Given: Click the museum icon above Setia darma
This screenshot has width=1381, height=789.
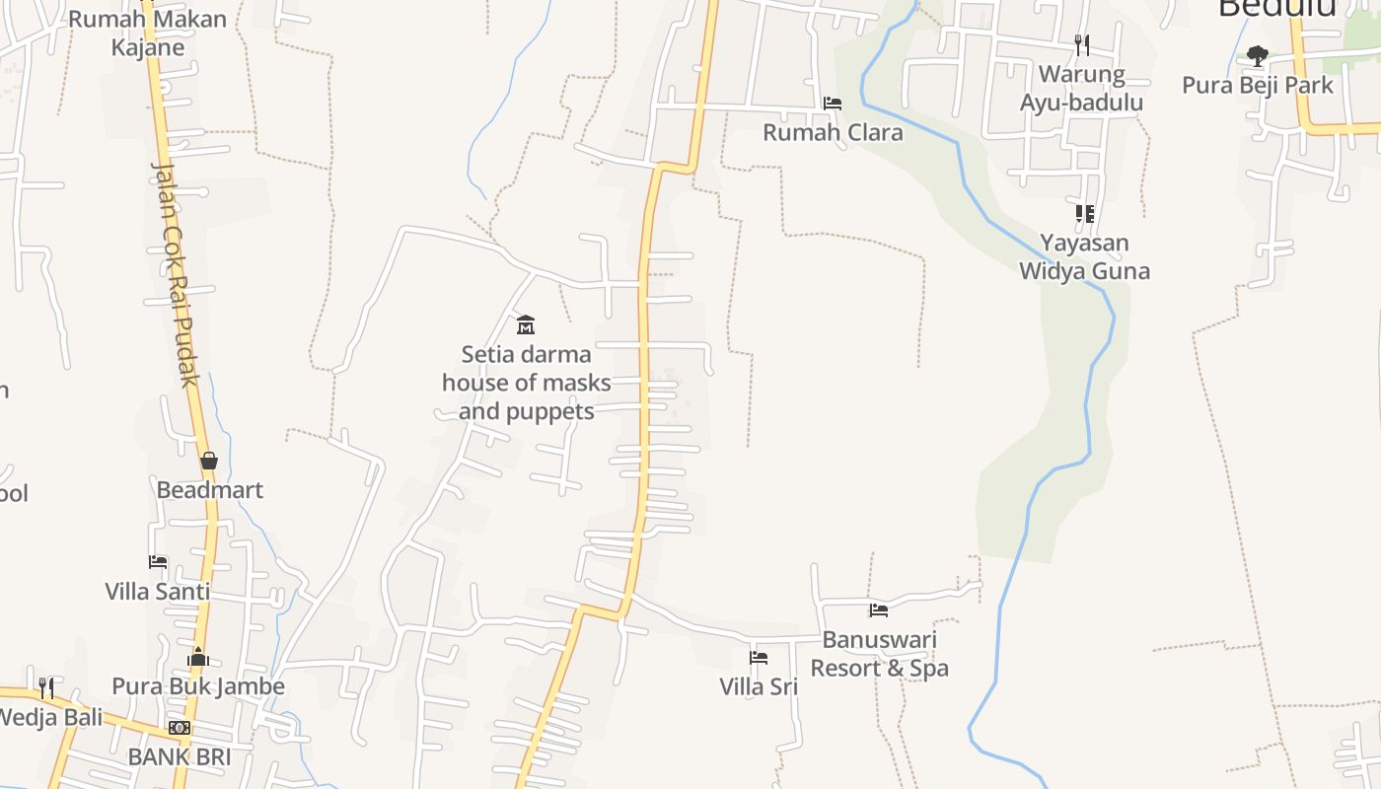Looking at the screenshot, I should (526, 324).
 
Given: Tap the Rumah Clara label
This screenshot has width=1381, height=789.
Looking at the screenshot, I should (833, 132).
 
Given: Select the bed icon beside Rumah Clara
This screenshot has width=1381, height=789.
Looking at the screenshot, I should (833, 103).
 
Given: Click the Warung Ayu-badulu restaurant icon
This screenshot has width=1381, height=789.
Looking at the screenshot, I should (1082, 44).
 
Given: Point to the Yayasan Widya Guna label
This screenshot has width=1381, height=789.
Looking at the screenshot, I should (1084, 256).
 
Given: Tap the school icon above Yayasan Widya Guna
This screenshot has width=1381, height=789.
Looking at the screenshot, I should (1085, 213).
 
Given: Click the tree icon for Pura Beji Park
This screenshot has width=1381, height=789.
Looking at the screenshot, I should (1257, 55).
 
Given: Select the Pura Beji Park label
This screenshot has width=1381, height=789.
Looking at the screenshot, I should (1258, 85).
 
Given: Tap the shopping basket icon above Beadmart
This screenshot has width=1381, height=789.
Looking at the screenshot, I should (209, 461).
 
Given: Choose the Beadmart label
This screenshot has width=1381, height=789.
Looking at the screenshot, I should (209, 490).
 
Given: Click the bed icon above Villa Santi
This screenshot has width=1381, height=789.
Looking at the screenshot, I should (158, 562).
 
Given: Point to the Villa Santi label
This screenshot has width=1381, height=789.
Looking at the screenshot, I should (158, 592).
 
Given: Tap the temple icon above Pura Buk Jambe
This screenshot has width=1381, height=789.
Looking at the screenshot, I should (198, 658).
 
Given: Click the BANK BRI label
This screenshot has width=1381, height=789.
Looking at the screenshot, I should (180, 757).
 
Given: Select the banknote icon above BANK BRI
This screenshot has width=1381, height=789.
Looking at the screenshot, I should (180, 728).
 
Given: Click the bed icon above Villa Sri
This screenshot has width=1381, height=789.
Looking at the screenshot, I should (759, 657).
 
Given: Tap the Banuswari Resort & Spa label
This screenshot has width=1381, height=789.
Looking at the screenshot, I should (879, 654).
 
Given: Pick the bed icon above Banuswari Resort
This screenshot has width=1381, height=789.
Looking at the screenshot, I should (879, 610).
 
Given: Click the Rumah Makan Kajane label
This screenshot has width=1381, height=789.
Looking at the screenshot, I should (148, 33).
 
